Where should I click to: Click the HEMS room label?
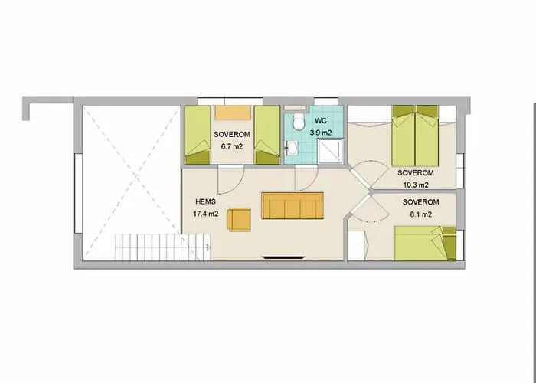[206, 202]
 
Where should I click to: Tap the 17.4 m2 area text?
[208, 214]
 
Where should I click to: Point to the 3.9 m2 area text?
[320, 132]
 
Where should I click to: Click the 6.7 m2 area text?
[231, 146]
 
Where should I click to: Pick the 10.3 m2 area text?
[413, 184]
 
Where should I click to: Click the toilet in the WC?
[298, 122]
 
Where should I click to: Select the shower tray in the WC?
[328, 150]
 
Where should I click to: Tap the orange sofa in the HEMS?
[292, 205]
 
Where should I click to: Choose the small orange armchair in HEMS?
[239, 219]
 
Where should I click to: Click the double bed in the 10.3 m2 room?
[415, 136]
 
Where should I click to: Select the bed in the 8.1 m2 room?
[425, 244]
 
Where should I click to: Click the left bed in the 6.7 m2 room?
[197, 135]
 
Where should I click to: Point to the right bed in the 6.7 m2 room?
[266, 135]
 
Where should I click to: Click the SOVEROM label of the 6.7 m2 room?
[231, 135]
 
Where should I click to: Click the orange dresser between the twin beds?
[232, 113]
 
